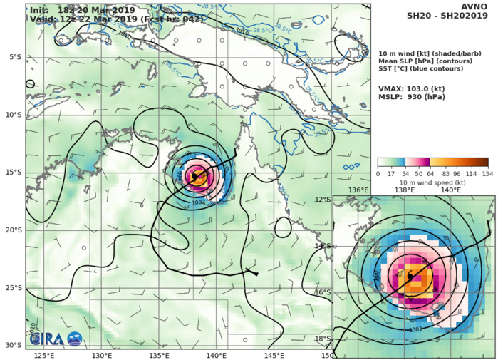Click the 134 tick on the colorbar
pos(488,173)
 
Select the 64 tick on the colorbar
pos(430,173)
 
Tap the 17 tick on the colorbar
pos(392,173)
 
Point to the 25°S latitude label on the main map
pos(14,288)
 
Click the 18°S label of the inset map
pos(343,339)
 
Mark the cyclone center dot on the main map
pos(194,176)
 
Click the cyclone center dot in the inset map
pos(410,276)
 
